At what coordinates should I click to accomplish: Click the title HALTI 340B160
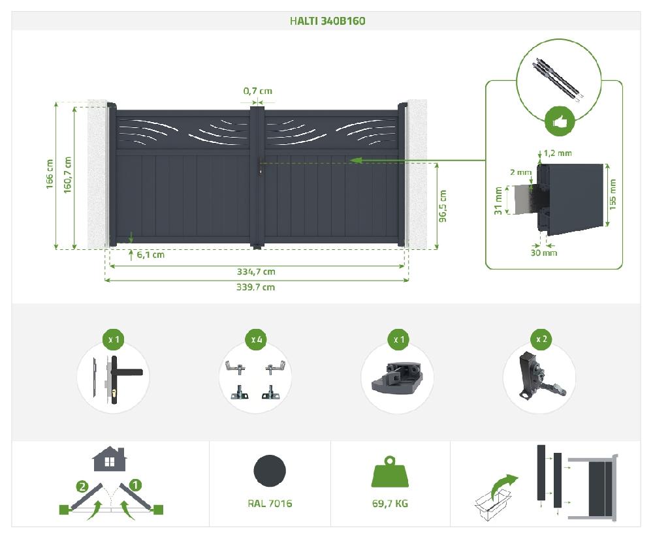[327, 21]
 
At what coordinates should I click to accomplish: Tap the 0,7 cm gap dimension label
[258, 91]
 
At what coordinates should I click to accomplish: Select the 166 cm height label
[50, 174]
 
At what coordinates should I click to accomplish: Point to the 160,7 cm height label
[67, 175]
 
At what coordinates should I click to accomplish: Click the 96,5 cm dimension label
[443, 206]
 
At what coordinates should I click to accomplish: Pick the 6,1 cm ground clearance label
[151, 254]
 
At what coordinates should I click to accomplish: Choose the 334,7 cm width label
[256, 272]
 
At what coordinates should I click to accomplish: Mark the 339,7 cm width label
[256, 286]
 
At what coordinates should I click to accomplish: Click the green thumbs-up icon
[560, 121]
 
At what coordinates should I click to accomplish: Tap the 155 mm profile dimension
[613, 194]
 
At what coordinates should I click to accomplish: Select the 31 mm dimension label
[498, 201]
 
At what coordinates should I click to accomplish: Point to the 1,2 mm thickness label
[558, 153]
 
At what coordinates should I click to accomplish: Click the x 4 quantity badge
[256, 339]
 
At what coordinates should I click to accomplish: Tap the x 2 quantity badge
[541, 339]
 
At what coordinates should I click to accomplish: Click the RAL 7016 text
[270, 503]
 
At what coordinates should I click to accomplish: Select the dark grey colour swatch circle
[270, 470]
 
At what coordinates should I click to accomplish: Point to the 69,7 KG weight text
[390, 503]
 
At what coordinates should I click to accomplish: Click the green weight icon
[390, 472]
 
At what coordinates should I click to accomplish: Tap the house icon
[109, 459]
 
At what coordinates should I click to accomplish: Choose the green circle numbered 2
[82, 487]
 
